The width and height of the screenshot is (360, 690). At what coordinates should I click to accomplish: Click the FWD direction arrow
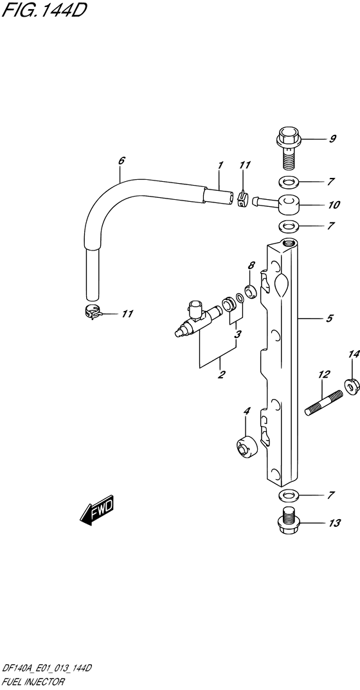97,511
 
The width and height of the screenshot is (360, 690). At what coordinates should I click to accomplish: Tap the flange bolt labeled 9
288,147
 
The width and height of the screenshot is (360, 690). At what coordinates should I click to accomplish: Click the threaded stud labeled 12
324,403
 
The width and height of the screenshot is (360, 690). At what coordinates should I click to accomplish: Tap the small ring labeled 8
251,291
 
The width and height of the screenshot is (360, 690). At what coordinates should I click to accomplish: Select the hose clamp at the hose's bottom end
93,312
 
